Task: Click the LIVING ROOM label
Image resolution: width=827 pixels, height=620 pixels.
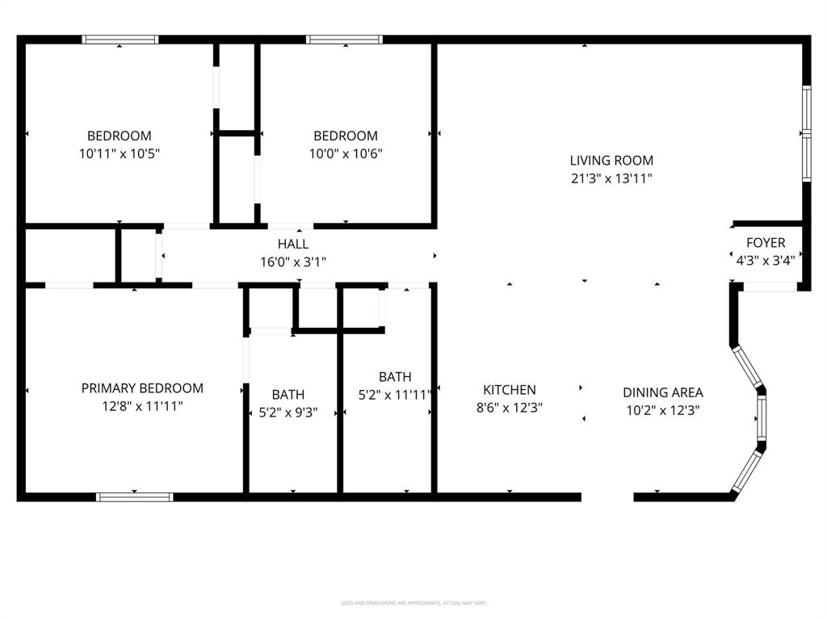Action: (x=611, y=161)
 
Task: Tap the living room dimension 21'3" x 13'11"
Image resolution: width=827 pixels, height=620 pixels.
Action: (x=611, y=178)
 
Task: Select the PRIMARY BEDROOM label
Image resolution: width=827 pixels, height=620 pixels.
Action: (x=142, y=388)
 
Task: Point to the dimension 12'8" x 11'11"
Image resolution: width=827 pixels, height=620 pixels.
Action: (x=142, y=406)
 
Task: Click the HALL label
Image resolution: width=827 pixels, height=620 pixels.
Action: (x=293, y=244)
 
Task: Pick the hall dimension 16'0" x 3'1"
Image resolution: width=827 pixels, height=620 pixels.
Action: (x=293, y=262)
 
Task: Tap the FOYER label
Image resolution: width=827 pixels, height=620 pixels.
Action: (x=765, y=242)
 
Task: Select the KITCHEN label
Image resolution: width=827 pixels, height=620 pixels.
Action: (x=510, y=390)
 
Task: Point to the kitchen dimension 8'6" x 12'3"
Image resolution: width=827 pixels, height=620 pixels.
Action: (x=510, y=408)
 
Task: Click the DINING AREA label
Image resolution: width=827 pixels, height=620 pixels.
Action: (x=662, y=392)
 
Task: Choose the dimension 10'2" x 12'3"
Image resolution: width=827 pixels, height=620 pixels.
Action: (x=662, y=410)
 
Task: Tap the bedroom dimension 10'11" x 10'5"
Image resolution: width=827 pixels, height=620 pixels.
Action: (x=120, y=153)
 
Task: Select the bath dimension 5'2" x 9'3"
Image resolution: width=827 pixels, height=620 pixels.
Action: (x=288, y=412)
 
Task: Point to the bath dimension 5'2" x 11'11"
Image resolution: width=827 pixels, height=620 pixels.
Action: (x=395, y=395)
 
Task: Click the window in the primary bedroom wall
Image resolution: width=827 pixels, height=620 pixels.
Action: (x=135, y=496)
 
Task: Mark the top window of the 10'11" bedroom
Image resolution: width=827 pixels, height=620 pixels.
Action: (x=120, y=39)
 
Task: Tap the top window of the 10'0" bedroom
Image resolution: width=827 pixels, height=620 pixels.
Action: (x=345, y=39)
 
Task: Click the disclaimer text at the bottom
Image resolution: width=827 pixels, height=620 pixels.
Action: (x=413, y=603)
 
